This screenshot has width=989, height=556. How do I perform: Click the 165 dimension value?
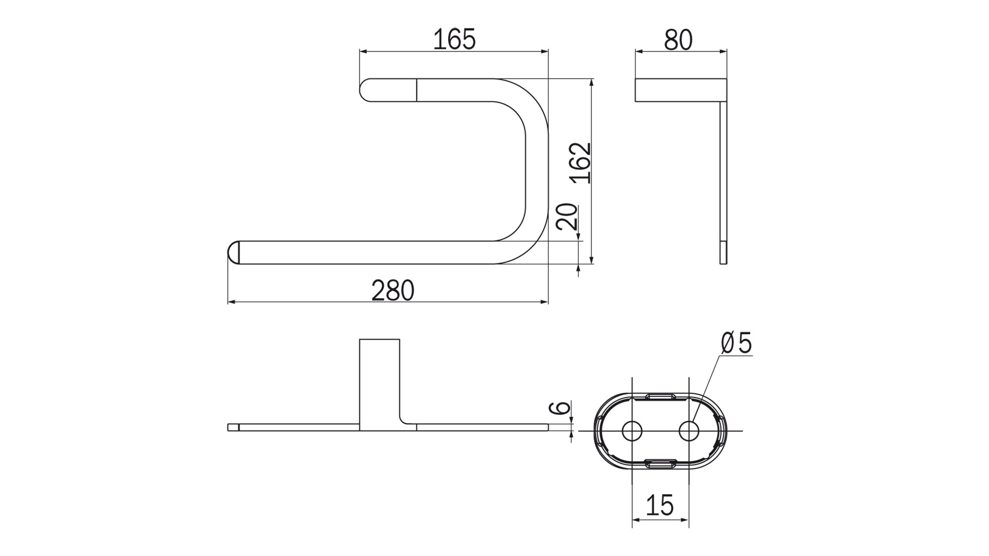454,40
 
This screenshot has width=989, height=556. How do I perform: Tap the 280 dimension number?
393,291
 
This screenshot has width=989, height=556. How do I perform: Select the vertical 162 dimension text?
581,162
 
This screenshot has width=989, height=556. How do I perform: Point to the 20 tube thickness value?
566,216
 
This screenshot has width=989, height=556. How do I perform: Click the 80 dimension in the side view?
678,40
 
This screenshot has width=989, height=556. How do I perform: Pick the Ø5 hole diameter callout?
737,343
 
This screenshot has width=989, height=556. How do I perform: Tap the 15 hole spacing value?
659,505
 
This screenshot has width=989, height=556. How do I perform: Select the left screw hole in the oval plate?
632,430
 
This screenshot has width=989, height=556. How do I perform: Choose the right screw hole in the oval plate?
689,430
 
